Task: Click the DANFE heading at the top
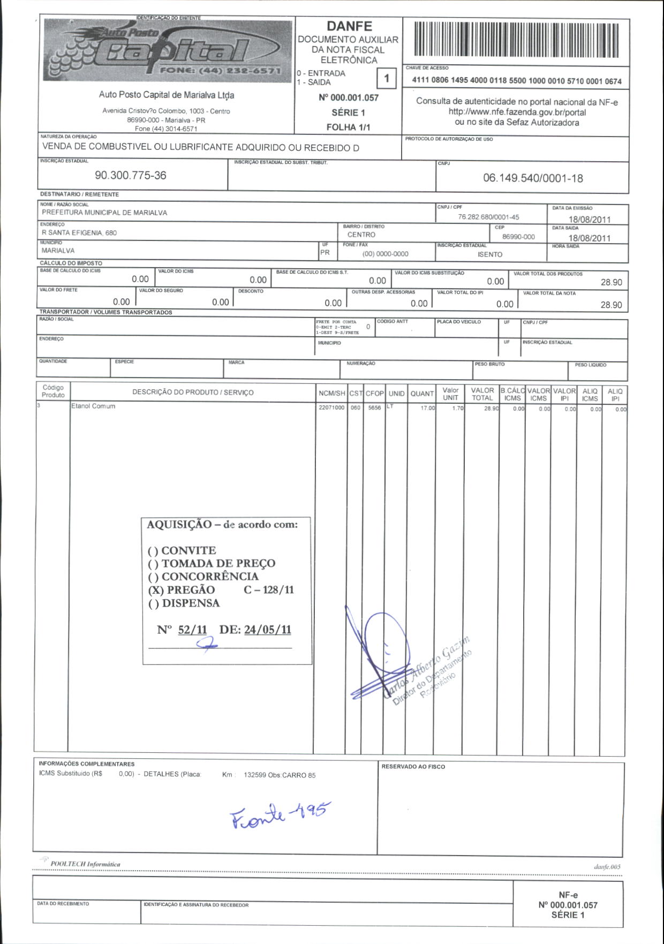[x=349, y=26]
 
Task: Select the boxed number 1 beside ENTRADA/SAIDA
[x=386, y=79]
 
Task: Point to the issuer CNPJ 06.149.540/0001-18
[x=533, y=178]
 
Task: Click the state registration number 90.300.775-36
[x=130, y=175]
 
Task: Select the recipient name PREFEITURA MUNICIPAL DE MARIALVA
[x=104, y=213]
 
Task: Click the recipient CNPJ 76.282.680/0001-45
[x=488, y=217]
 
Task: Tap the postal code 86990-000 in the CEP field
[x=518, y=237]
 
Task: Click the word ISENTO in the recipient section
[x=490, y=254]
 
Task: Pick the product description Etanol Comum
[x=93, y=406]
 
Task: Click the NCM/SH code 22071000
[x=332, y=408]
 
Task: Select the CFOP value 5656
[x=374, y=408]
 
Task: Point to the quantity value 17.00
[x=428, y=408]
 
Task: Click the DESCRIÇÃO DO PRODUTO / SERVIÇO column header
[x=193, y=392]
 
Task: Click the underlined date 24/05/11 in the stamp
[x=267, y=630]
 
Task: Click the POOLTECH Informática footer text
[x=85, y=864]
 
